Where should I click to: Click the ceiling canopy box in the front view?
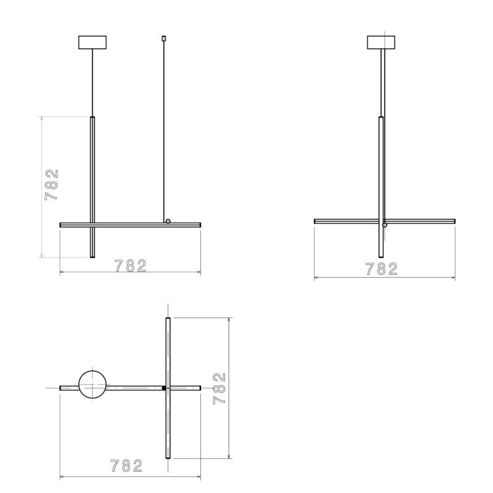[x=92, y=43]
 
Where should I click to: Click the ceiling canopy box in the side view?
[x=381, y=43]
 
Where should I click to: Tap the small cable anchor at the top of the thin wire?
[x=163, y=38]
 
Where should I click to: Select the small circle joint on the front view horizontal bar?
[x=168, y=221]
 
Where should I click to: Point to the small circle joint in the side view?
[x=385, y=225]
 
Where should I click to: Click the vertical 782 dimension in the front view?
[x=52, y=185]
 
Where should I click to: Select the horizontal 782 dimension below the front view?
[x=131, y=266]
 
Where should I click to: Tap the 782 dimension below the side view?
[x=381, y=269]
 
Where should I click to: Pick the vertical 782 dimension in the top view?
[x=219, y=388]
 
